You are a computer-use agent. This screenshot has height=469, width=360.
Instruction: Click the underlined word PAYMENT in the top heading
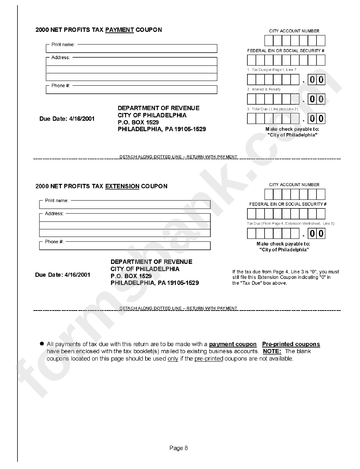click(119, 30)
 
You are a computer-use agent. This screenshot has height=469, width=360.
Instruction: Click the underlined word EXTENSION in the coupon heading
click(122, 186)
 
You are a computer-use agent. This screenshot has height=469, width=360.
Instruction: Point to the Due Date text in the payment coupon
click(67, 119)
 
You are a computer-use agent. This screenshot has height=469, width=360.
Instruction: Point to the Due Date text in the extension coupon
click(63, 275)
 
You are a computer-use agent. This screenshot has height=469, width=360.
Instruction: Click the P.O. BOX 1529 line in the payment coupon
click(138, 122)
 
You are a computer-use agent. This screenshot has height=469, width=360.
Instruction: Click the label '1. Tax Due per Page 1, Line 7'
click(271, 70)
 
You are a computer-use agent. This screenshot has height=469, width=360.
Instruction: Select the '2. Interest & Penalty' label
click(264, 89)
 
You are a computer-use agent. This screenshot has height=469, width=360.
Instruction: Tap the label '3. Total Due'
click(272, 109)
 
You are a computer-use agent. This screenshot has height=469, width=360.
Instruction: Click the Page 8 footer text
click(178, 448)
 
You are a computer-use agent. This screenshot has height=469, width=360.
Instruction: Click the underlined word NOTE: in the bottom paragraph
click(272, 351)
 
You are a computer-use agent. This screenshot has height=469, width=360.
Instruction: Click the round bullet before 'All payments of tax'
click(42, 344)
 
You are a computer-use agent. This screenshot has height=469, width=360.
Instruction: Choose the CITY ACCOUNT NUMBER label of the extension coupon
click(294, 185)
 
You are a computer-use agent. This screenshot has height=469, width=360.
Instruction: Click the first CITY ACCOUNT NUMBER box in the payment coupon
click(268, 41)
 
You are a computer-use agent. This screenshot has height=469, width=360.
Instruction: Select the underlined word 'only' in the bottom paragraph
click(173, 358)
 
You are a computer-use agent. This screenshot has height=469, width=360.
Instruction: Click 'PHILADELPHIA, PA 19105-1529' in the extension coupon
click(155, 283)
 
